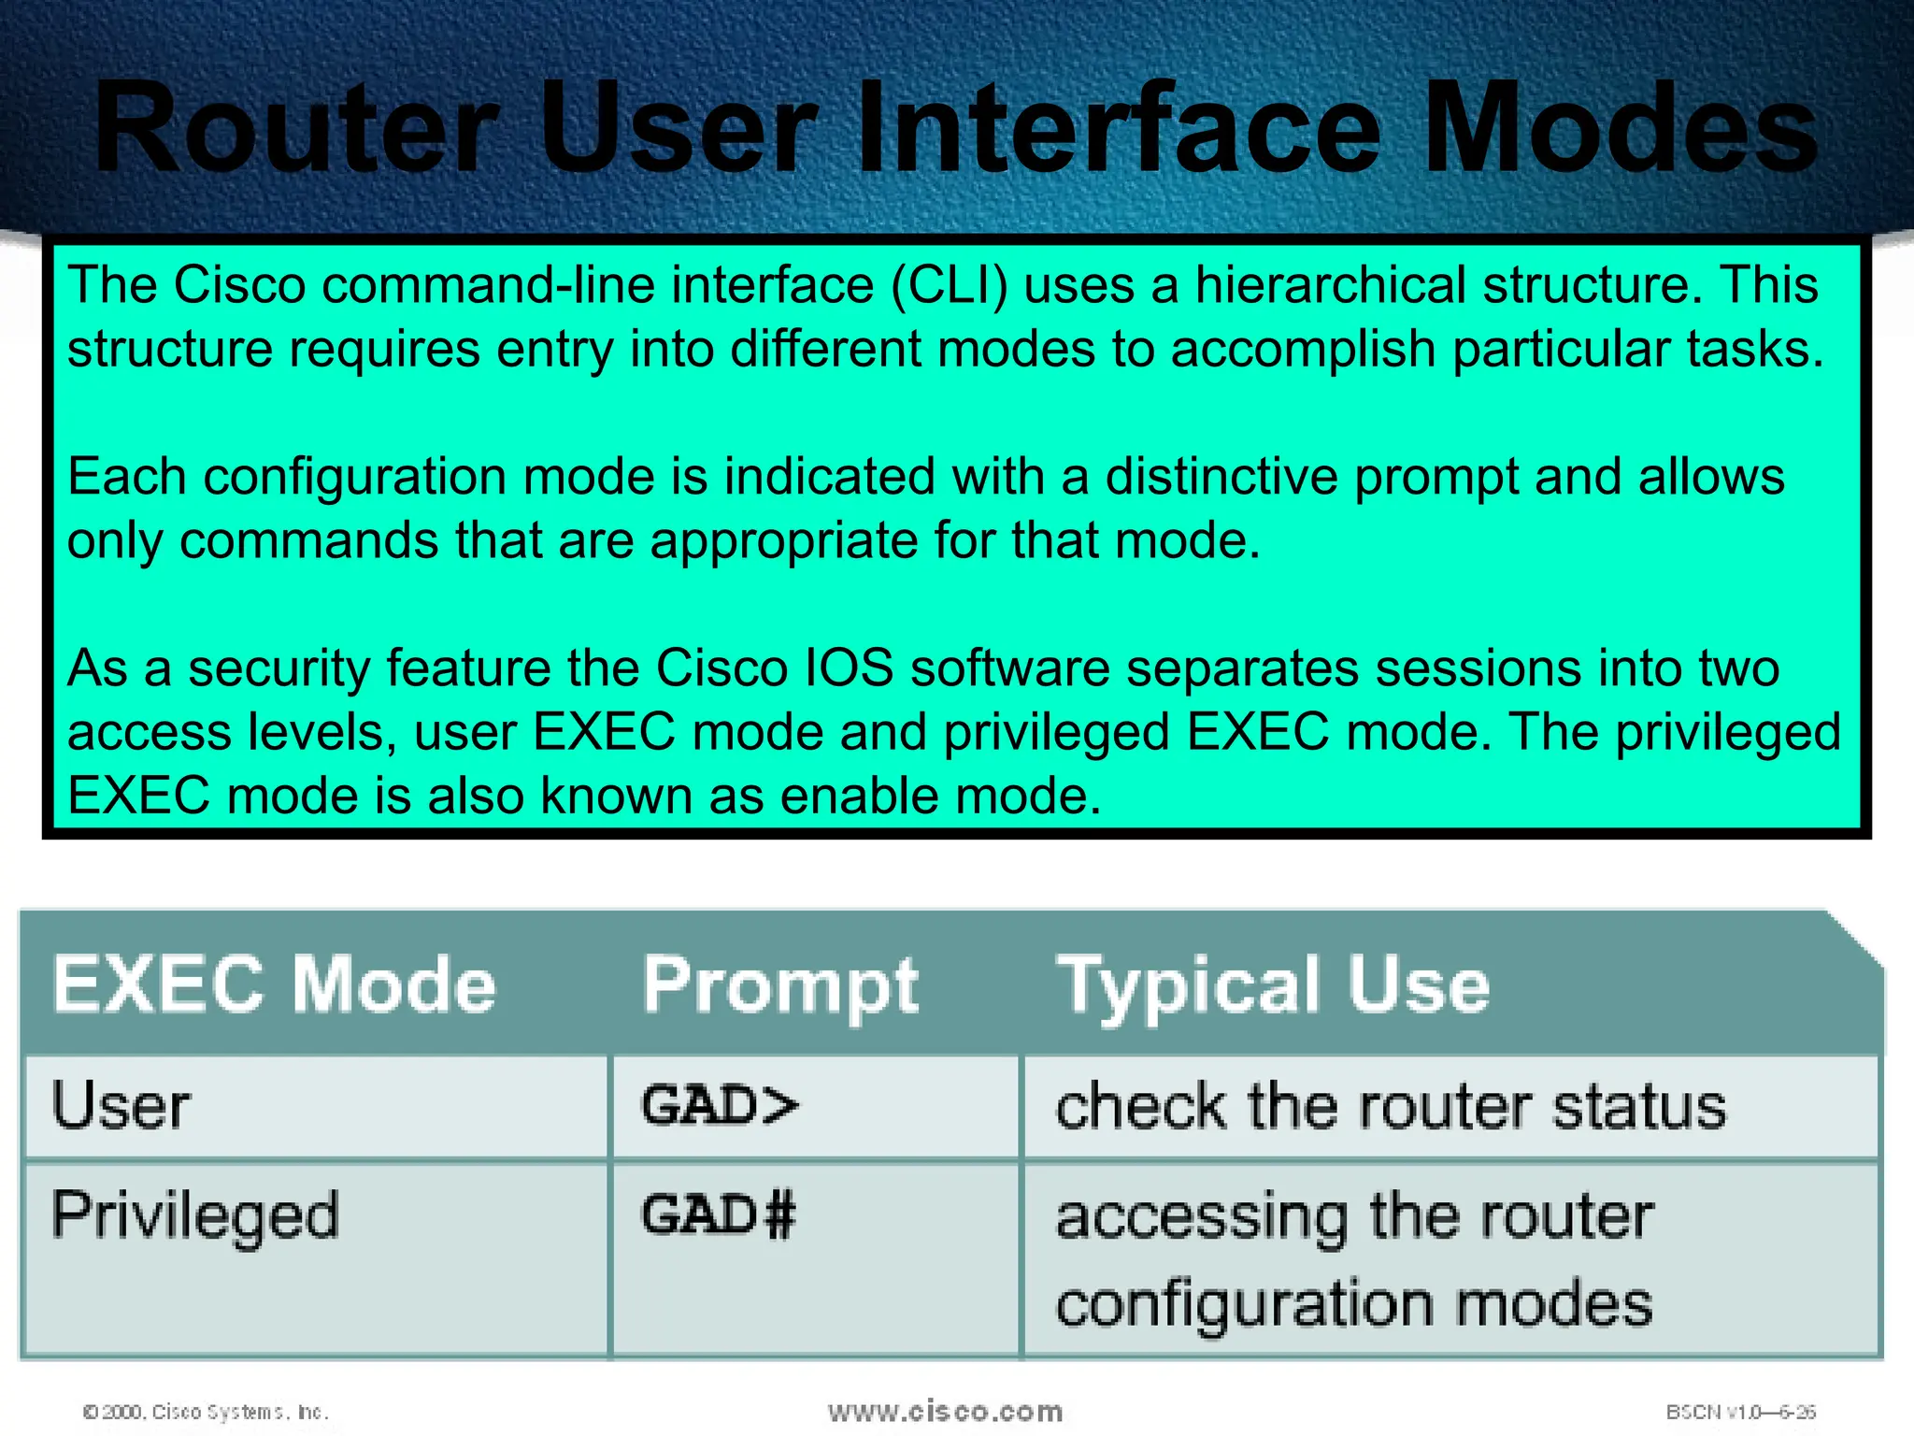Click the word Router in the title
297,129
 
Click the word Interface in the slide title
1117,129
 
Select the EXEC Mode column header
274,984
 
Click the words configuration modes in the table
1353,1303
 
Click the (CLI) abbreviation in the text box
950,285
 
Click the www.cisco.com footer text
945,1411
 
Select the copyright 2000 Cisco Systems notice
206,1412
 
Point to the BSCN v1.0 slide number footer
1740,1412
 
